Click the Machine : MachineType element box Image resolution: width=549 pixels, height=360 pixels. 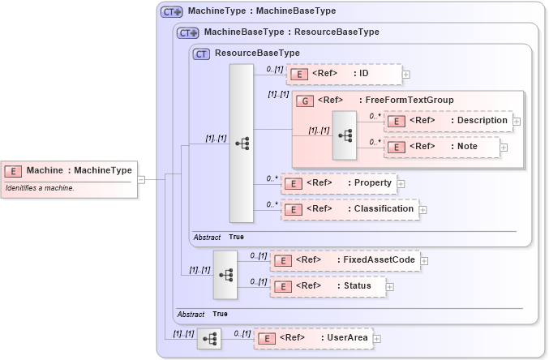point(68,170)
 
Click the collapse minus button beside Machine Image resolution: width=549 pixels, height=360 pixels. point(141,179)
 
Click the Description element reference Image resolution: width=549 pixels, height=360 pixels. point(448,121)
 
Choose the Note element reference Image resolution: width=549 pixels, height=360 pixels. point(442,148)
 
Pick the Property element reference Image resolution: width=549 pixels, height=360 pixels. point(338,183)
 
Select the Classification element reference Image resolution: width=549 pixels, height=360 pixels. point(350,209)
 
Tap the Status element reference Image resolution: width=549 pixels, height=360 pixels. point(328,286)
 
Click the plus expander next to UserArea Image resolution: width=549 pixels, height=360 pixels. point(375,338)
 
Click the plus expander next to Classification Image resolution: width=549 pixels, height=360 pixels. point(422,210)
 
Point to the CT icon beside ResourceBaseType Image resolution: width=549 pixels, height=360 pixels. point(202,54)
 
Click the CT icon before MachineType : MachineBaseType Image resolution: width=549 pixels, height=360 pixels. point(171,12)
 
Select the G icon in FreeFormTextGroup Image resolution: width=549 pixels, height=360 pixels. point(304,101)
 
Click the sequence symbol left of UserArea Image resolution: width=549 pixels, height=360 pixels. point(208,339)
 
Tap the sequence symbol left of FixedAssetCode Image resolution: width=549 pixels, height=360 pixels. point(225,275)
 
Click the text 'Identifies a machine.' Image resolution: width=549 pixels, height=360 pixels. point(41,188)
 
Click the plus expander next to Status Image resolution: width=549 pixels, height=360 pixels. point(390,286)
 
